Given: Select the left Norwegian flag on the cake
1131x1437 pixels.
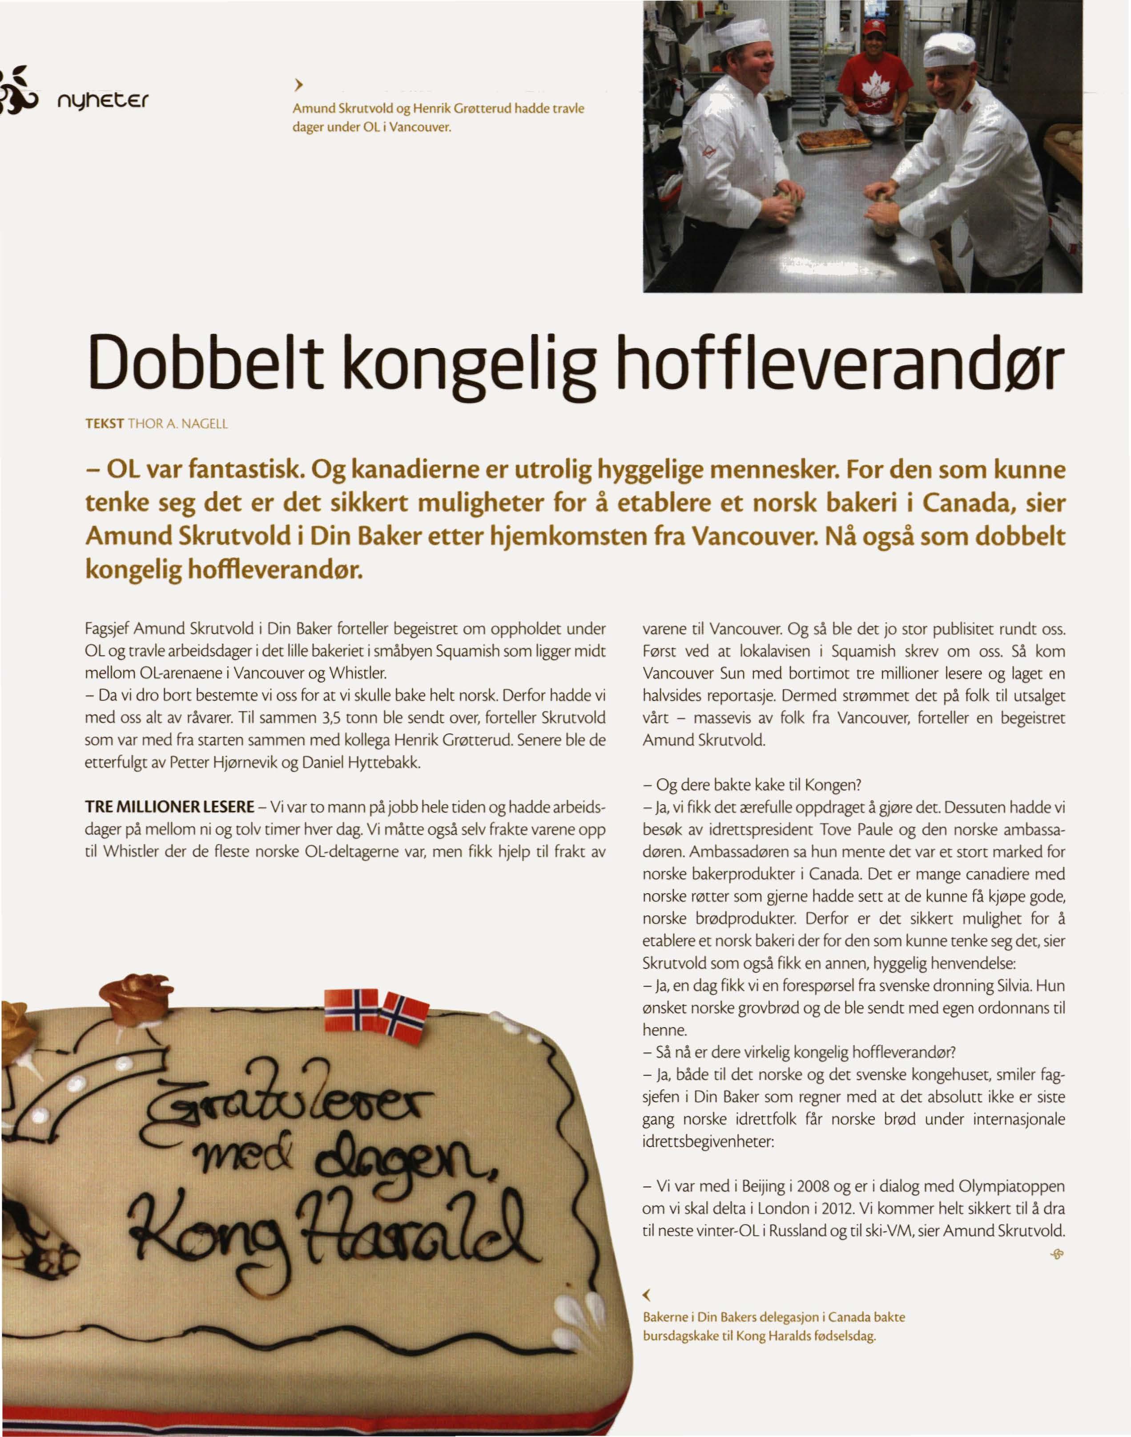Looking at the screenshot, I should click(351, 1010).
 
